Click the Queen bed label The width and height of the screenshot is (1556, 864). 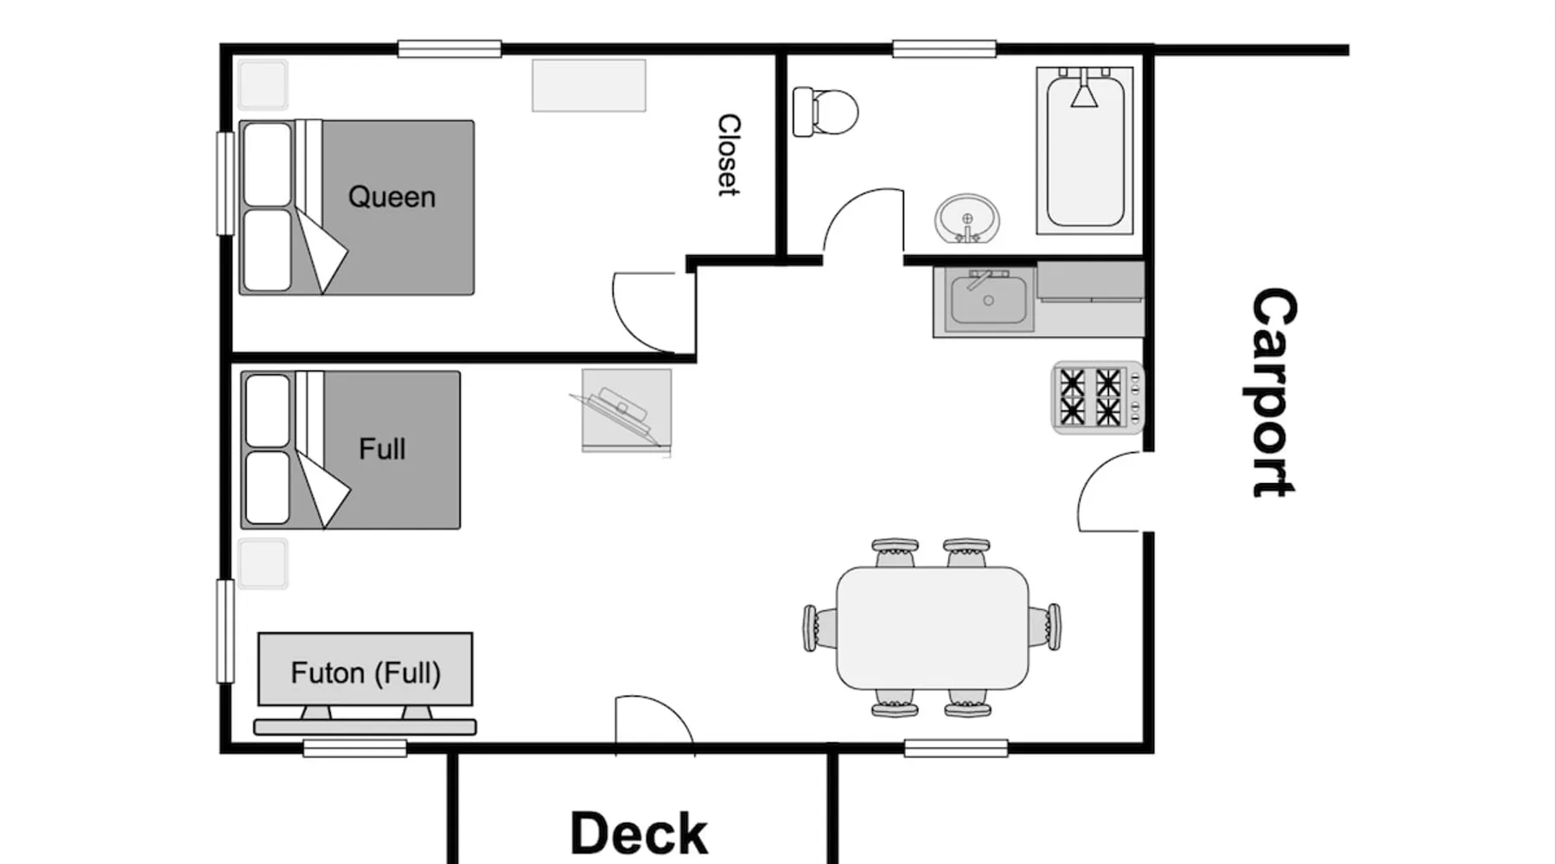click(x=392, y=197)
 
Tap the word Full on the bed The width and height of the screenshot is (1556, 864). click(x=382, y=449)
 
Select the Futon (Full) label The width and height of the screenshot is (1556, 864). click(x=366, y=672)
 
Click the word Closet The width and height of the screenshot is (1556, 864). click(x=729, y=156)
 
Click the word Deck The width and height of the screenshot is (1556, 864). click(x=639, y=833)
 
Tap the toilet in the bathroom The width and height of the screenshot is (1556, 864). click(x=826, y=111)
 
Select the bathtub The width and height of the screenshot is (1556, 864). click(x=1085, y=151)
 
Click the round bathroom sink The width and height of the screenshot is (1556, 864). click(x=967, y=218)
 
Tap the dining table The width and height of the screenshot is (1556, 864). click(x=933, y=627)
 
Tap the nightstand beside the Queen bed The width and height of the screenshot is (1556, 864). click(x=263, y=85)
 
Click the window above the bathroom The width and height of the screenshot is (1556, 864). click(x=944, y=48)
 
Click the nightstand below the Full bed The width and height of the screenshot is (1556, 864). click(x=263, y=563)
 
